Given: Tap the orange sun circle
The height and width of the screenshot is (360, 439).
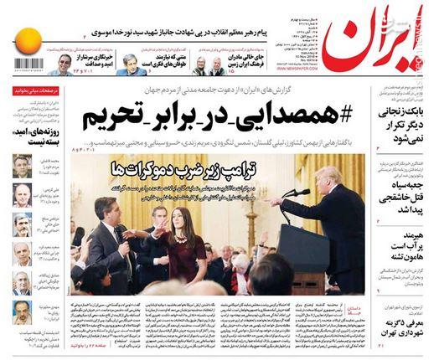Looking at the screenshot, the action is pos(28,40).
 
